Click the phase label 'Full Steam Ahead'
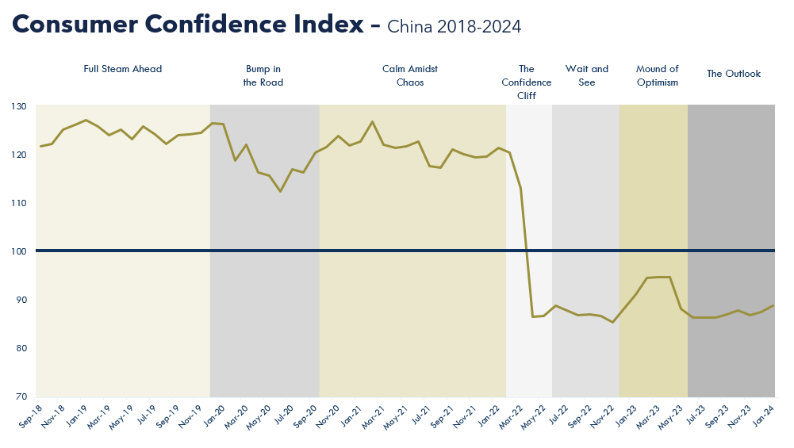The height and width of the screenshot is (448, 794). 123,70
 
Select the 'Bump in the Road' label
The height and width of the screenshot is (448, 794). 263,75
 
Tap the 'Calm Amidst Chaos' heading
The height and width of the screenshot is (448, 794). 410,75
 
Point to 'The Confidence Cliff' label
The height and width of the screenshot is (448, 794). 527,82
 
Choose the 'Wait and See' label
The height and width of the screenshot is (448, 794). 587,75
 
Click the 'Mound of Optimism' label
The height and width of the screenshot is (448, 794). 658,75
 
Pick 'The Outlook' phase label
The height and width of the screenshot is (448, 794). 734,74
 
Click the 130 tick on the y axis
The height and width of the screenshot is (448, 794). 19,106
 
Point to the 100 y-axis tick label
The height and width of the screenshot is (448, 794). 19,251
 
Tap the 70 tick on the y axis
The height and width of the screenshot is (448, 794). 21,396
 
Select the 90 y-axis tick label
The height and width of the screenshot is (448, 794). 21,300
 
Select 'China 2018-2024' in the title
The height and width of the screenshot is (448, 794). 455,28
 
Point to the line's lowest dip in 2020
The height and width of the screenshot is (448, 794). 280,191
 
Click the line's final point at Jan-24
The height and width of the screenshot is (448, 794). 773,306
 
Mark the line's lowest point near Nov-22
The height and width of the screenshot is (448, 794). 612,322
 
